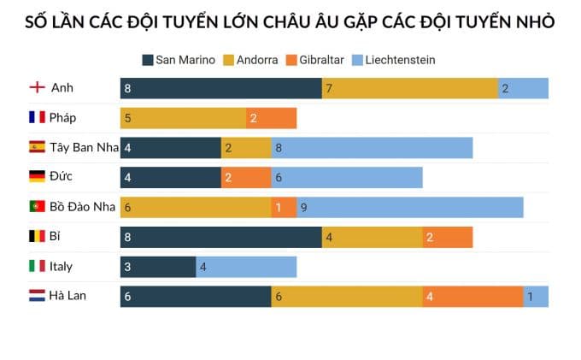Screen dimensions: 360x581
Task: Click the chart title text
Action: tap(290, 22)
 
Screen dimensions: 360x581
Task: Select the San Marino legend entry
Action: tap(179, 60)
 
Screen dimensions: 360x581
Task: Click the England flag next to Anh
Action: tap(37, 88)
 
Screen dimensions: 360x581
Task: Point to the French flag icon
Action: tap(37, 118)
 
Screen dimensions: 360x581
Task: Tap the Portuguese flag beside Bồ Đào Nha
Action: tap(37, 206)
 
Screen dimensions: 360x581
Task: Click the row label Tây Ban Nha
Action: tap(84, 147)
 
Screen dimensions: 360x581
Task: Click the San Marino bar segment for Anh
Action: tap(220, 88)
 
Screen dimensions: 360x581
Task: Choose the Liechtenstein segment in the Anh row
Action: tap(523, 88)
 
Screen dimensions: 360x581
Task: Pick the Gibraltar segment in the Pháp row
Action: tap(272, 118)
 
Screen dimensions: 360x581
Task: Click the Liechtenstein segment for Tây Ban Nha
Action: tap(372, 148)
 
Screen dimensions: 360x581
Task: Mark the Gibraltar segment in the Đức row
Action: tap(246, 177)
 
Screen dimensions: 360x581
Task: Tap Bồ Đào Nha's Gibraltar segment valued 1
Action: tap(284, 207)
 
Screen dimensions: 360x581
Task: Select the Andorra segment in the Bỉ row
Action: tap(372, 237)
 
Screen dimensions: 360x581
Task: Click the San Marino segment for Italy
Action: tap(158, 267)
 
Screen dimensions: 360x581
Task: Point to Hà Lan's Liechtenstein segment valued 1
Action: tap(536, 296)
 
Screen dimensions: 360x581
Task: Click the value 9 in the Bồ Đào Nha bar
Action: tap(304, 207)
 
